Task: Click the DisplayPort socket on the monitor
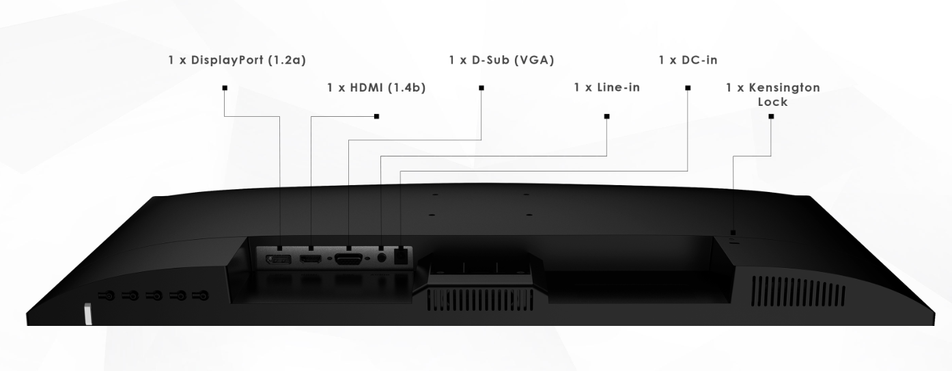pyautogui.click(x=279, y=260)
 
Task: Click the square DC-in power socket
pyautogui.click(x=402, y=256)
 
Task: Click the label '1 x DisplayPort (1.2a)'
pyautogui.click(x=237, y=60)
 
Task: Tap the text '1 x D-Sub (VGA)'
pyautogui.click(x=501, y=60)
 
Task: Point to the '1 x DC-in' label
pyautogui.click(x=688, y=60)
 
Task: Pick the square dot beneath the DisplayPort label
pyautogui.click(x=224, y=87)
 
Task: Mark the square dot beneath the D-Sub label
pyautogui.click(x=481, y=87)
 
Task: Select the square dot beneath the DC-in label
pyautogui.click(x=688, y=87)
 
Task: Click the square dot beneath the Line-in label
pyautogui.click(x=606, y=116)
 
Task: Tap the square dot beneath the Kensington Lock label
pyautogui.click(x=771, y=116)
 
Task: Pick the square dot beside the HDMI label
pyautogui.click(x=376, y=116)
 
